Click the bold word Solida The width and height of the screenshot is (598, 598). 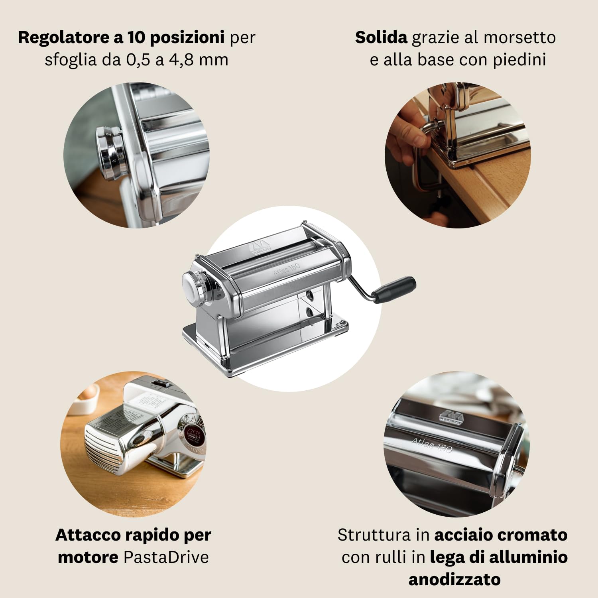pos(381,37)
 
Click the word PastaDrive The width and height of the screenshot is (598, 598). pos(166,557)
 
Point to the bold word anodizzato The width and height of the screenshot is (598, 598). pos(454,579)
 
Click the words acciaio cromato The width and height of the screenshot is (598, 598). pos(501,535)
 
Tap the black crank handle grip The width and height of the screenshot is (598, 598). pos(395,289)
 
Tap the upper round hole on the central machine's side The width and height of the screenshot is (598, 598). pos(309,294)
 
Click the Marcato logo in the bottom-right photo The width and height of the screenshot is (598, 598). pos(451,417)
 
